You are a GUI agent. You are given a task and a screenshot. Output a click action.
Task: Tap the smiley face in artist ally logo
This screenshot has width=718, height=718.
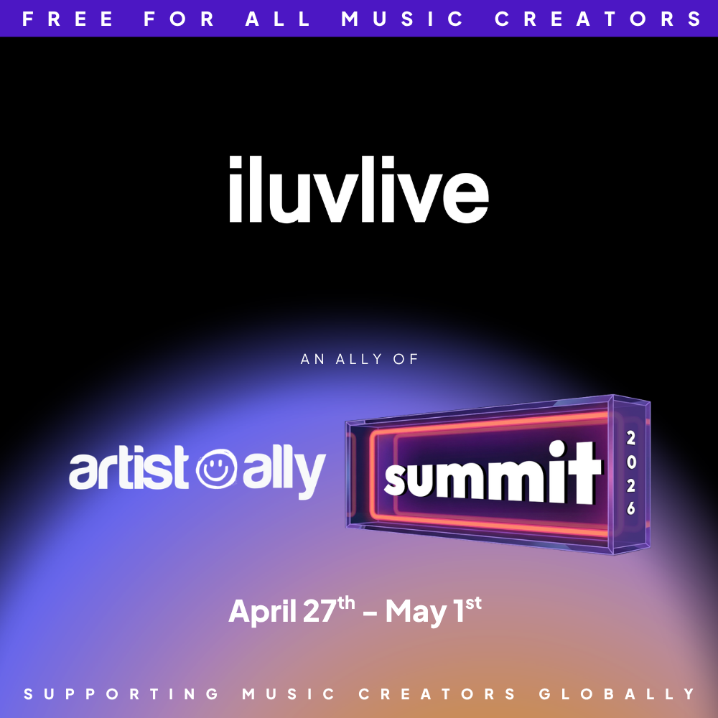(218, 470)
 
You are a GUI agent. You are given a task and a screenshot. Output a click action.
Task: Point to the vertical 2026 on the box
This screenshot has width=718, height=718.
(630, 473)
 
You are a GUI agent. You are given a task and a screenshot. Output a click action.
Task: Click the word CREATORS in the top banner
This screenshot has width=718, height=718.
(599, 19)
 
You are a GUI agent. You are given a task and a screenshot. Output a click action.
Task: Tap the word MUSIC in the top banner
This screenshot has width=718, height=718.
(403, 19)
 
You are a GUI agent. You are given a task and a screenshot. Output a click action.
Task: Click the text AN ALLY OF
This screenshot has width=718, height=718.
(359, 359)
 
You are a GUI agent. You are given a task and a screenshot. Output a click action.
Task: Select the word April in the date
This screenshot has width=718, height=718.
(263, 612)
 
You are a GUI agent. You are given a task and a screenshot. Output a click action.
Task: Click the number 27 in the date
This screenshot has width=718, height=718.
(320, 612)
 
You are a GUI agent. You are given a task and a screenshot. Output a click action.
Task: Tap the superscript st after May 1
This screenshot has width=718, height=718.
(473, 602)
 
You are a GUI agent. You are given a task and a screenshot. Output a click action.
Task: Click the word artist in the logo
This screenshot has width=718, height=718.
(131, 470)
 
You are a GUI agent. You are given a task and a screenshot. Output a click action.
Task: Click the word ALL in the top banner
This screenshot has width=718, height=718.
(278, 19)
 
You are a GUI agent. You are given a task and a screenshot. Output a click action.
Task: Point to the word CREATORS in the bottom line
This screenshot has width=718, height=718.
(437, 694)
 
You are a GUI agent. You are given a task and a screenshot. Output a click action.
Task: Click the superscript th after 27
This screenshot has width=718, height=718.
(347, 602)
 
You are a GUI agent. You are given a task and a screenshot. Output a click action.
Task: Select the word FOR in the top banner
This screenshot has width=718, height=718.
(180, 19)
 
